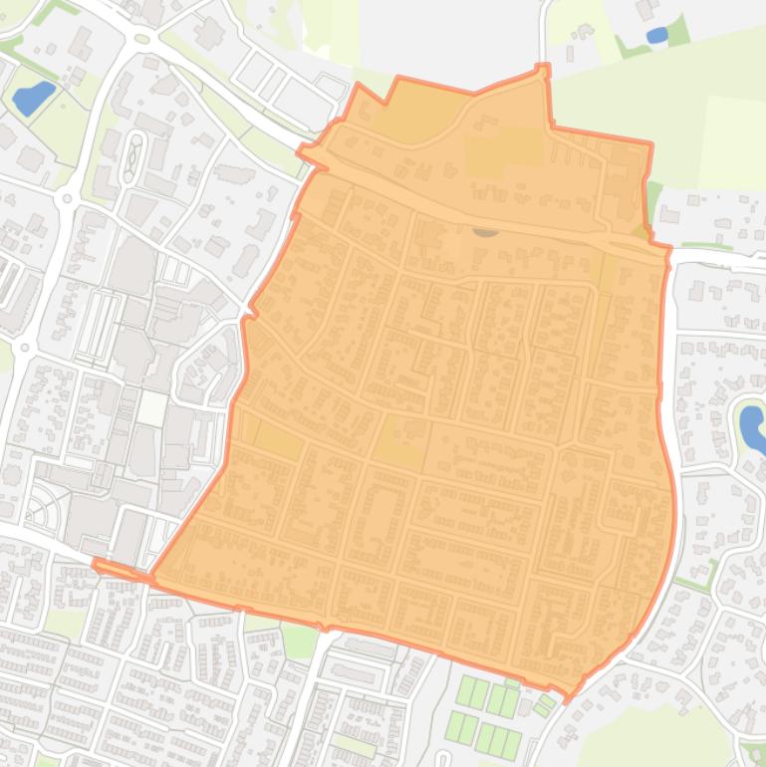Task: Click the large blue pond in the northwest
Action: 32,98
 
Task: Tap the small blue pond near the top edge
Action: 656,35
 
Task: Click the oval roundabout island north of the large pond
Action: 141,39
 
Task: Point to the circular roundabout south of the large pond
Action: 68,198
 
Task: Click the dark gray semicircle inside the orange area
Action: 485,231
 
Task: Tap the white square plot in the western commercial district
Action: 152,407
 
